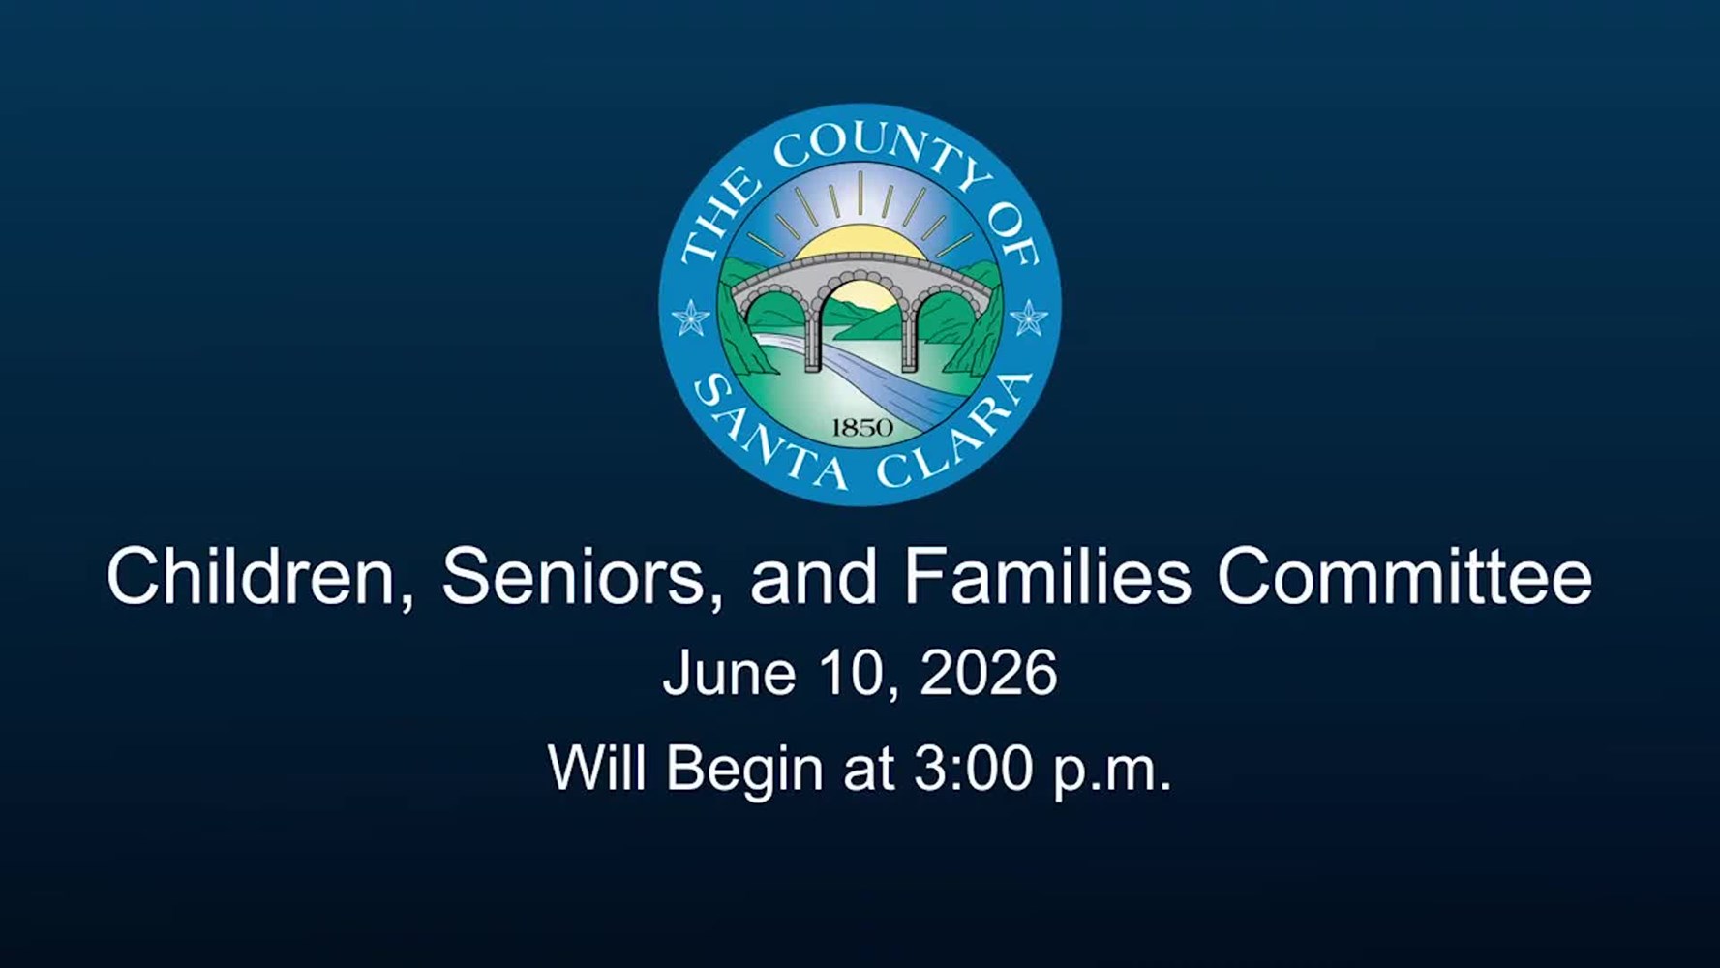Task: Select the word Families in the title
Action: [1047, 576]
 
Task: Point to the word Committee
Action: [1404, 576]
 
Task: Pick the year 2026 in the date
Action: [988, 673]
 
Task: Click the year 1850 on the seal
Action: [861, 427]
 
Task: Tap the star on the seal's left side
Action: [690, 318]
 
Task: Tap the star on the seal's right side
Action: [1028, 318]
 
